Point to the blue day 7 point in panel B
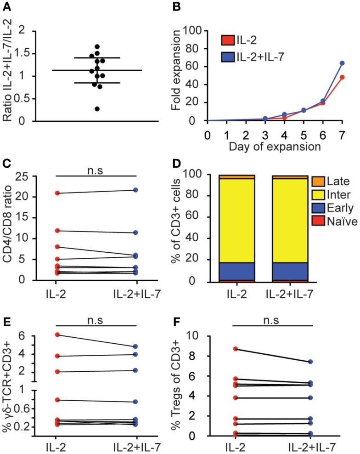point(342,63)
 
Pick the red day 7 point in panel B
point(342,77)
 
